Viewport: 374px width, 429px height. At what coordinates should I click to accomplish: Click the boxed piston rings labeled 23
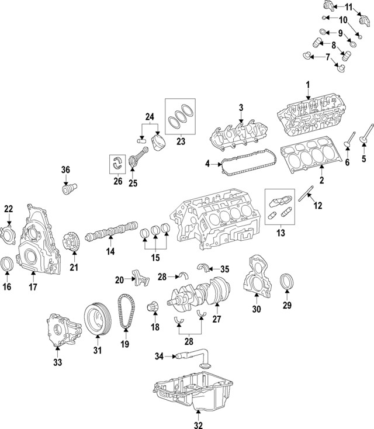click(x=181, y=117)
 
